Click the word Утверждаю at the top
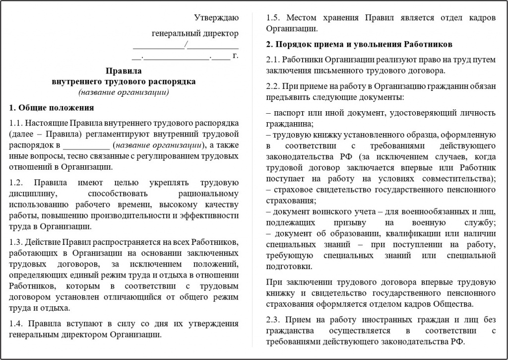tap(216, 18)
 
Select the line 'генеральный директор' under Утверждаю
tap(195, 33)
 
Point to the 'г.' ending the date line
tap(235, 55)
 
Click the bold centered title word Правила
tap(124, 71)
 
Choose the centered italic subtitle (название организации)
tap(124, 92)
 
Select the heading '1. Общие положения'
tap(52, 107)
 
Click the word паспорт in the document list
tap(288, 113)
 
